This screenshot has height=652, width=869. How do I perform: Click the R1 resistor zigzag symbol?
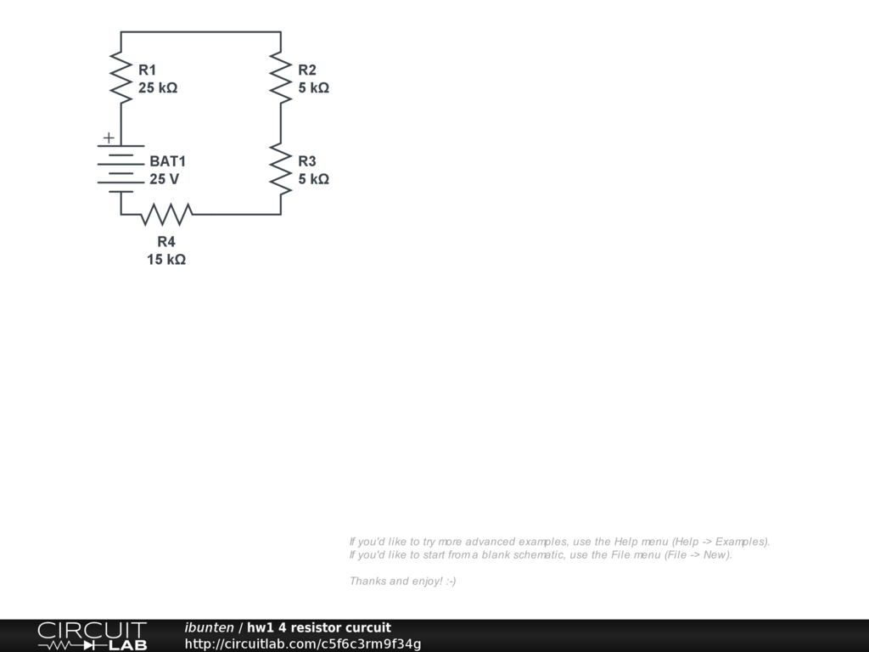[121, 78]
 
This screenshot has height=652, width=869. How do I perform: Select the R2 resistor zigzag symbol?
[280, 78]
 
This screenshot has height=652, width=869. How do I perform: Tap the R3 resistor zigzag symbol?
[280, 168]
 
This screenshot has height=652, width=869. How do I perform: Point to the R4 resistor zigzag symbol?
[166, 213]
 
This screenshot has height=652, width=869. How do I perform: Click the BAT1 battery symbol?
[121, 169]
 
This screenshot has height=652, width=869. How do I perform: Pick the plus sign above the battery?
[109, 138]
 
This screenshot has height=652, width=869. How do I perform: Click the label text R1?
[148, 70]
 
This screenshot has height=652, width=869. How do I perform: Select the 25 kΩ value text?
[158, 87]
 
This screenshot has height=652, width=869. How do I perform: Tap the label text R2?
[307, 70]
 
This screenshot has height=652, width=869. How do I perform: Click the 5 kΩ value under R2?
[313, 87]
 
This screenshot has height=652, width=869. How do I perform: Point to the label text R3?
[307, 160]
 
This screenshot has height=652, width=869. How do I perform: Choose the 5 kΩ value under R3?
[313, 179]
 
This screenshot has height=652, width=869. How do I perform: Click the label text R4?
[166, 241]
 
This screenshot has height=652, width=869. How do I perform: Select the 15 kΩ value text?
[166, 260]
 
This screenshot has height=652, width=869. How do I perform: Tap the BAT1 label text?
[168, 160]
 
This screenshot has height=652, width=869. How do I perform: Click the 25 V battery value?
[165, 179]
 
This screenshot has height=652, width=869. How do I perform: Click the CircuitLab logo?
[92, 636]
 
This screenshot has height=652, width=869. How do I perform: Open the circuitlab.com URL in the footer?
[303, 644]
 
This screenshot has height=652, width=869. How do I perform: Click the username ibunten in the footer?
[209, 628]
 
